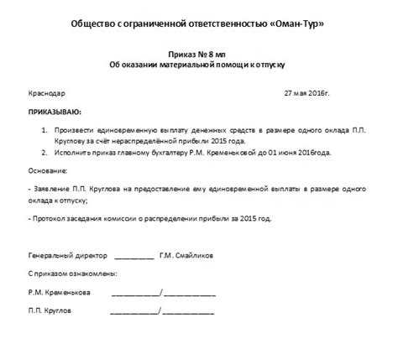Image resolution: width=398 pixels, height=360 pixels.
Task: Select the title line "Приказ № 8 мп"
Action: (197, 53)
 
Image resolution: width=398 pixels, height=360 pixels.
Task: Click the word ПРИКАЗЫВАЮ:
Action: (56, 111)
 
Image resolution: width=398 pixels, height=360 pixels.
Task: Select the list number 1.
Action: (44, 131)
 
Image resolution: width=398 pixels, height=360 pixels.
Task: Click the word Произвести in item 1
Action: (76, 131)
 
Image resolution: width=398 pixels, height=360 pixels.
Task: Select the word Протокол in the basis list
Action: (52, 218)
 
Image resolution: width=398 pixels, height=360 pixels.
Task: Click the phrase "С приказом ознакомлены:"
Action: (72, 274)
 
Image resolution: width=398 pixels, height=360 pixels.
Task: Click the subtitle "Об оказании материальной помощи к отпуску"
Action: (197, 64)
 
